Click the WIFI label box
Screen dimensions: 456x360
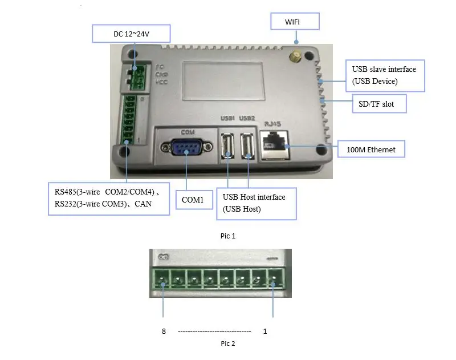295,21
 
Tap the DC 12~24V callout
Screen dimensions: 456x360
131,34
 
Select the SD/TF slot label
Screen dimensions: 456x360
379,104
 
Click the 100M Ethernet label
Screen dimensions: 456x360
371,149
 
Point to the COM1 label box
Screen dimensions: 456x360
194,200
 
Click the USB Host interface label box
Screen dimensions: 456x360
256,204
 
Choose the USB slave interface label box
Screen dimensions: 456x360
385,76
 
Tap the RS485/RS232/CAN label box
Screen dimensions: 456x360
109,199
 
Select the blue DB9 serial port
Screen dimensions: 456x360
186,147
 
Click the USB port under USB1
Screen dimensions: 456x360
227,145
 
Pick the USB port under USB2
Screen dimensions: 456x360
247,145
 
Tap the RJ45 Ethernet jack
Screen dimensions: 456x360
274,145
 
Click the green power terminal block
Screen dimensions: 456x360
137,77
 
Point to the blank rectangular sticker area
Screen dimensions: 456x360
223,80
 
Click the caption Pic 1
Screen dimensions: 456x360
228,236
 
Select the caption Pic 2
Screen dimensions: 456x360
228,343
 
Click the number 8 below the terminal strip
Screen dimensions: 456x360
164,331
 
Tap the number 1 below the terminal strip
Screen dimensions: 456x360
265,331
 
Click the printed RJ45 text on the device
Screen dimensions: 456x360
272,124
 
